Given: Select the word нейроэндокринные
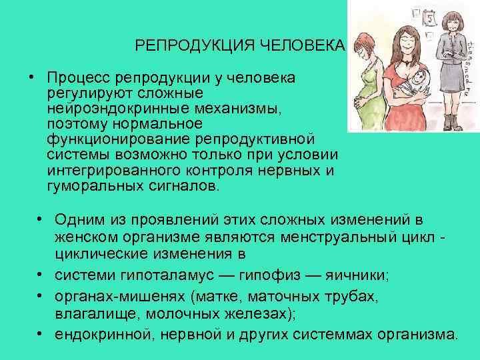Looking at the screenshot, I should coord(107,109).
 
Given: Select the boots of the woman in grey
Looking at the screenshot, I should coord(453,121).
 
